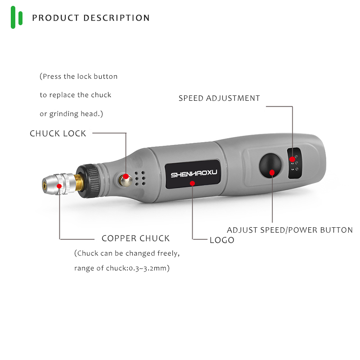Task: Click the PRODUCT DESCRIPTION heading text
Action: (x=91, y=18)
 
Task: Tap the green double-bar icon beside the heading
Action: (x=17, y=18)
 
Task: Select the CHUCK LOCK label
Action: (x=58, y=134)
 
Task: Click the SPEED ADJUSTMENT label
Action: (x=219, y=98)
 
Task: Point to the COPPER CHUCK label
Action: (x=135, y=238)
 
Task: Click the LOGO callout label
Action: (x=222, y=240)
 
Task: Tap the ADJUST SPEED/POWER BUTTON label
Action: (x=289, y=230)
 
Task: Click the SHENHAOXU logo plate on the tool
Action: (x=192, y=174)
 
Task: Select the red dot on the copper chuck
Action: (x=58, y=185)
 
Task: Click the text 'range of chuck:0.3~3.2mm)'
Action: (x=121, y=269)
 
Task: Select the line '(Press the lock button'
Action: (x=79, y=76)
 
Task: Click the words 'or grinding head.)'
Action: (x=72, y=114)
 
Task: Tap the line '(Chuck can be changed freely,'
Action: (x=127, y=253)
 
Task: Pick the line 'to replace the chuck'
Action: (x=75, y=95)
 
